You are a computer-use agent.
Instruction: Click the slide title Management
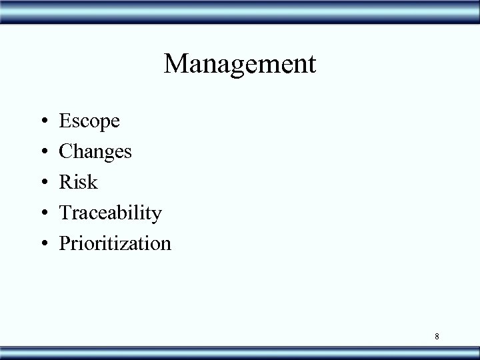(x=240, y=65)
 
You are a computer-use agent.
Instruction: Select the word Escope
(x=89, y=121)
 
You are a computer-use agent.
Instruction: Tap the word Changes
(x=95, y=152)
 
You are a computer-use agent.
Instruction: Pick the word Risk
(x=78, y=182)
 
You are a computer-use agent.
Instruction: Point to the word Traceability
(x=110, y=213)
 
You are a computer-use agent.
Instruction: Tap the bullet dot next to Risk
(x=42, y=183)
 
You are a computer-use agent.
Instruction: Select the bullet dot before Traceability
(x=42, y=213)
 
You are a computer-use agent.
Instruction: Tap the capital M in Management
(x=175, y=64)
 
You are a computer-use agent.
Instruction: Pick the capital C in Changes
(x=66, y=151)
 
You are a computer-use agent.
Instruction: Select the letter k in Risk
(x=93, y=181)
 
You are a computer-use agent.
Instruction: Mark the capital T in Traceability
(x=65, y=213)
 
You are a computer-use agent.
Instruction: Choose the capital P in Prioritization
(x=65, y=243)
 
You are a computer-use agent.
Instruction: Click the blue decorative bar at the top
(x=240, y=11)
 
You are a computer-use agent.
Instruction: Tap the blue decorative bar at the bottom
(x=240, y=351)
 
